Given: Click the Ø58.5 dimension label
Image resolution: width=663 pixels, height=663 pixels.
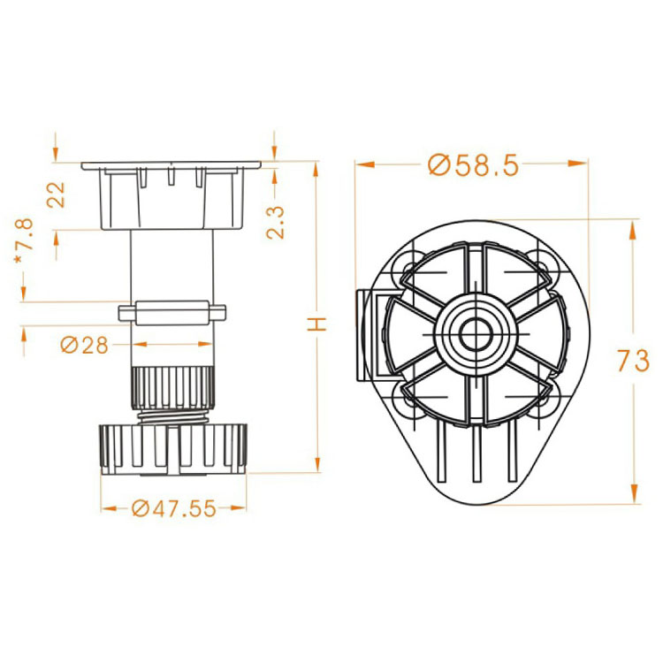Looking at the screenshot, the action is click(x=473, y=165).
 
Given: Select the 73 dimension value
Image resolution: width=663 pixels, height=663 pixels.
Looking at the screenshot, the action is click(x=633, y=361).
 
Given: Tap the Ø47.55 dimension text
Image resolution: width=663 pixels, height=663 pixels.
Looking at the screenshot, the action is click(x=174, y=508).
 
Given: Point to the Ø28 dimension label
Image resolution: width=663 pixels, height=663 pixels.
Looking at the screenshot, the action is click(x=85, y=345).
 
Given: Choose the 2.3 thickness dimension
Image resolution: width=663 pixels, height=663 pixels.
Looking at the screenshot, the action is click(x=275, y=223).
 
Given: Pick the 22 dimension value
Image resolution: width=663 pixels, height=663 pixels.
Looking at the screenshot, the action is click(x=56, y=194).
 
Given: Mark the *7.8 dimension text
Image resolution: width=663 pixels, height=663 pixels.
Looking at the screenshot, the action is click(x=24, y=241).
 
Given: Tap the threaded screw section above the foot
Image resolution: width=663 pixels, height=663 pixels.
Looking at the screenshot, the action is click(x=173, y=417).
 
